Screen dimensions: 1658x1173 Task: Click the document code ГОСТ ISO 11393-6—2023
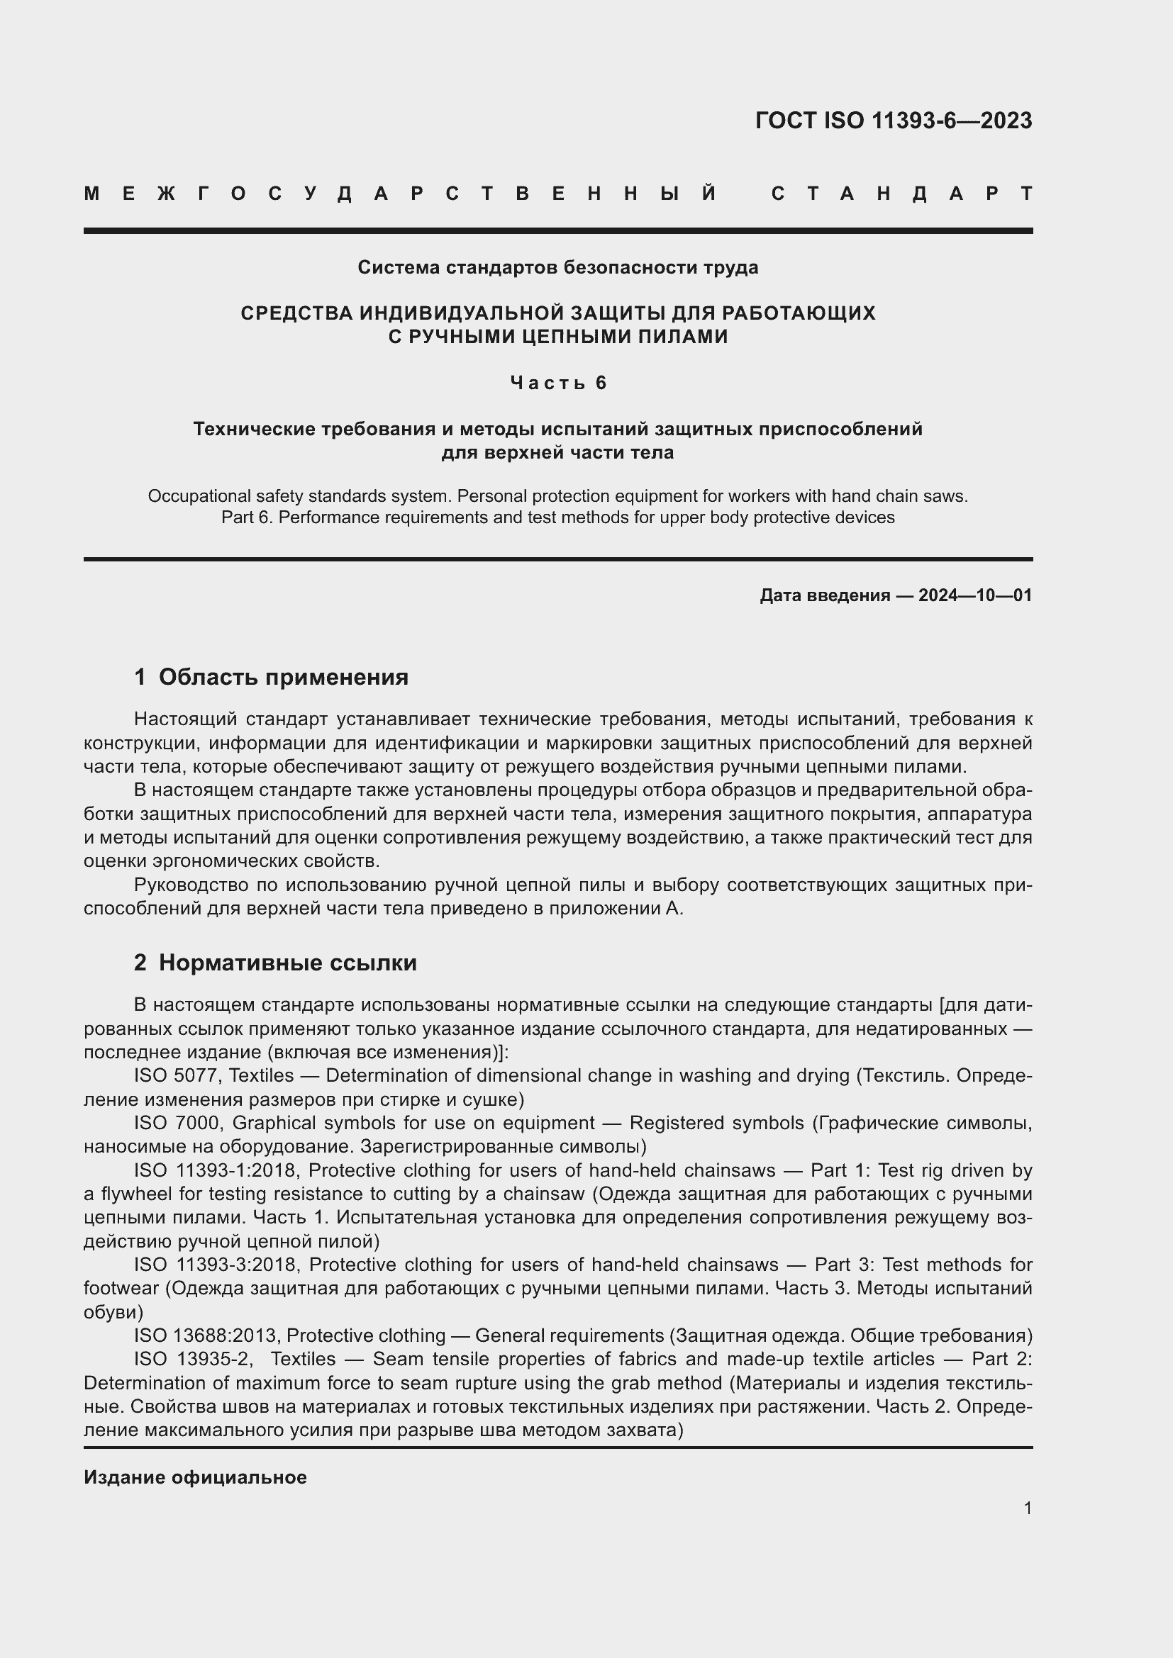(x=893, y=121)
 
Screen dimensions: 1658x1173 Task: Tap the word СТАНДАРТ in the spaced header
(x=901, y=194)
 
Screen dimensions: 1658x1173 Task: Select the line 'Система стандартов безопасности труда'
(x=557, y=268)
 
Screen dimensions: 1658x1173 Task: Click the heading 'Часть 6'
(x=557, y=383)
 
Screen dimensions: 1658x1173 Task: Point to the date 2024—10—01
(x=974, y=595)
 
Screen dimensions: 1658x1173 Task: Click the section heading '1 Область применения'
(x=271, y=678)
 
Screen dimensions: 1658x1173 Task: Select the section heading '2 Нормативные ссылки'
(x=275, y=963)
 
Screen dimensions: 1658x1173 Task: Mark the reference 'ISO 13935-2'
(x=192, y=1359)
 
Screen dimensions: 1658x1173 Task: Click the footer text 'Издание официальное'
(x=195, y=1477)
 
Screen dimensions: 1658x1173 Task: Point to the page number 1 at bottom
(x=1027, y=1508)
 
